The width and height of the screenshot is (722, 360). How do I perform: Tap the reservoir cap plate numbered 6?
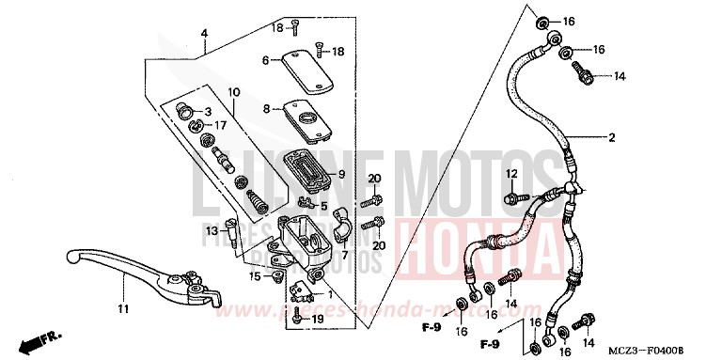pos(299,60)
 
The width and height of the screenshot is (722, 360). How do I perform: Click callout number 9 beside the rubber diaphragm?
pos(341,174)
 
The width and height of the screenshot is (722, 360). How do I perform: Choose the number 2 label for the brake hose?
pos(611,138)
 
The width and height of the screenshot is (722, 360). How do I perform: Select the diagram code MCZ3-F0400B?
pos(669,349)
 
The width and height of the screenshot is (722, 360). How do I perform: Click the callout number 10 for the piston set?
pos(233,92)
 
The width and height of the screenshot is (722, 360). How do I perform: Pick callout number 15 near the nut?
pos(254,276)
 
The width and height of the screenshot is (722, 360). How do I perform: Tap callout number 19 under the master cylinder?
pos(318,320)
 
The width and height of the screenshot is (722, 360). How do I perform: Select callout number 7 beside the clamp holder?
pos(344,255)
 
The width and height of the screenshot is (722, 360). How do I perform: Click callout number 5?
pos(323,207)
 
